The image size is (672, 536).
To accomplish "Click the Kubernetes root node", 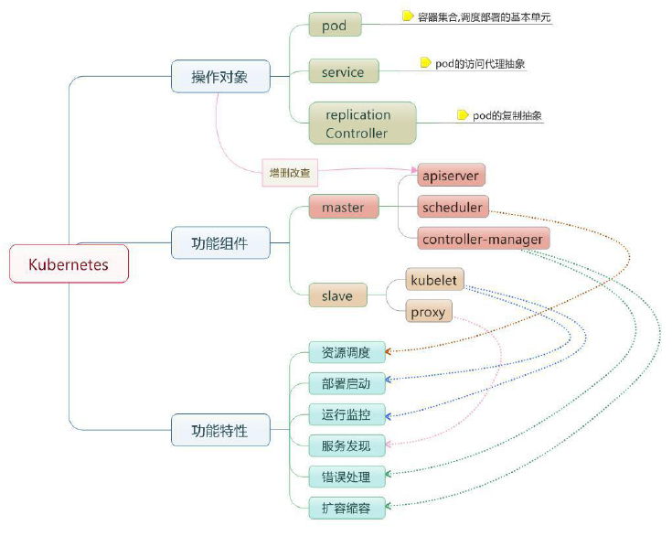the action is click(x=69, y=263).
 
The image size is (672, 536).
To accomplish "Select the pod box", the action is click(x=336, y=25).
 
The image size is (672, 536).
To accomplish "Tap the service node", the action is click(x=344, y=71).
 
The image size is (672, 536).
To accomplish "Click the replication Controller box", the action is click(x=363, y=123).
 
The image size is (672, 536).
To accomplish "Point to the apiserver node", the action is click(x=451, y=175).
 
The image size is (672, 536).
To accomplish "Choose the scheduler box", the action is click(x=453, y=207).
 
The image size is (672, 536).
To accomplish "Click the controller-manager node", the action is click(x=483, y=239).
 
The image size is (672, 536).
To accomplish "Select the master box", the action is click(x=344, y=207).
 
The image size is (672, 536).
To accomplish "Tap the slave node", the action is click(x=337, y=295).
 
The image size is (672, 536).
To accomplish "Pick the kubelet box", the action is click(x=434, y=280).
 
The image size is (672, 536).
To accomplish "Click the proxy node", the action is click(x=429, y=311).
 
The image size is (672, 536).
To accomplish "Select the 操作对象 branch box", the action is click(x=220, y=76).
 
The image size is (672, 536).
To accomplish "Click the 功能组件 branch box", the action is click(x=220, y=242).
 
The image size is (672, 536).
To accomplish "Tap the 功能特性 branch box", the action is click(x=220, y=430).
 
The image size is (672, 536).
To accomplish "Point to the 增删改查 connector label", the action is click(x=290, y=173).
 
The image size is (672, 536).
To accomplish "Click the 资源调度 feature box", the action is click(x=347, y=352).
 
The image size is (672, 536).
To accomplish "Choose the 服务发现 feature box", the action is click(x=347, y=445).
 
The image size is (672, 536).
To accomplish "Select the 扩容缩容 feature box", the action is click(x=347, y=509).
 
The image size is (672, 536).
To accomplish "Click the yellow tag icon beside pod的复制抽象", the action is click(x=463, y=115).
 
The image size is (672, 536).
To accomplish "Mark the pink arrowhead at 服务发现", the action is click(x=389, y=445).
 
